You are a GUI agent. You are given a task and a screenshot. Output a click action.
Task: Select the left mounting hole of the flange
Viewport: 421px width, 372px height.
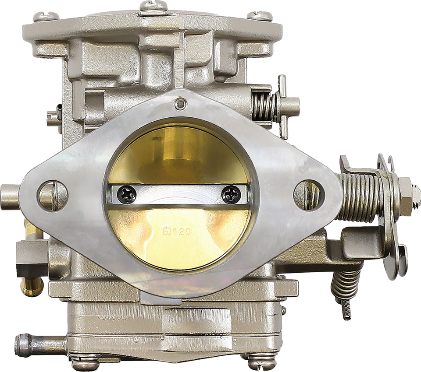tap(53, 193)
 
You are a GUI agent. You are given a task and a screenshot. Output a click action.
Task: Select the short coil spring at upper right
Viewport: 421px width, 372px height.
tap(263, 107)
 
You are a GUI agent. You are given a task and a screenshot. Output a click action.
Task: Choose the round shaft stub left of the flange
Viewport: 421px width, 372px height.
tap(10, 193)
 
